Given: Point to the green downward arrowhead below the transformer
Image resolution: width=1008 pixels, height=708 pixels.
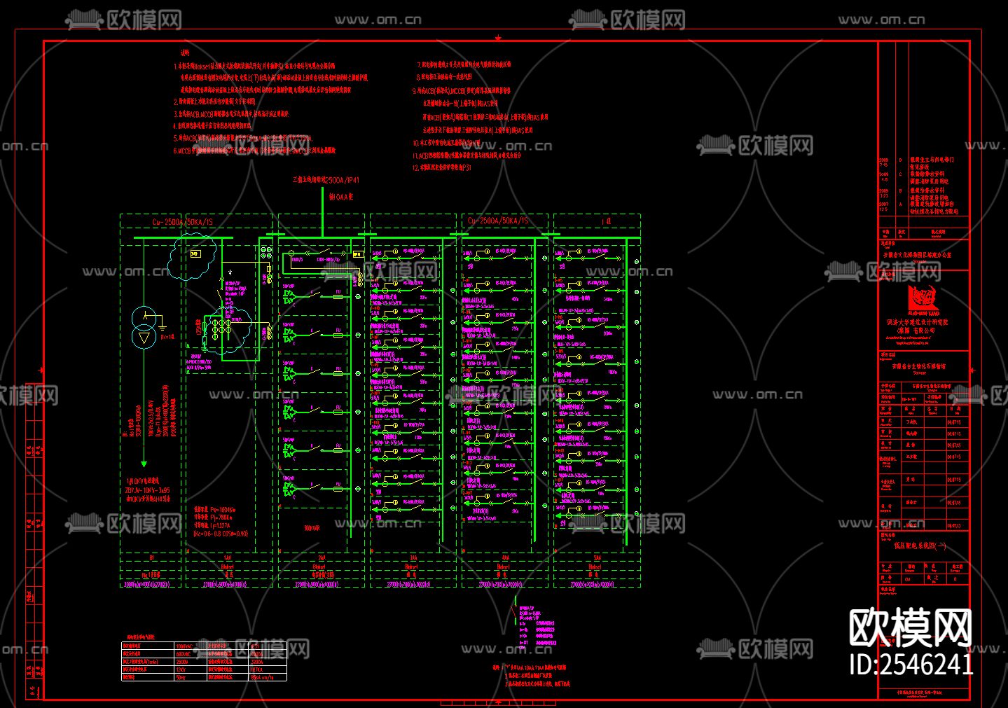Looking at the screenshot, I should tap(144, 463).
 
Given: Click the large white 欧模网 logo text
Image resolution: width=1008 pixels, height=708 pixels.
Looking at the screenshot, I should tap(910, 626).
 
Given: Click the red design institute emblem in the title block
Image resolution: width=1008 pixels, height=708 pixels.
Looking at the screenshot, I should tap(923, 300).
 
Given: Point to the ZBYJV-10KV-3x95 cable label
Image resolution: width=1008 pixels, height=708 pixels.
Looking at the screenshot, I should tap(147, 490).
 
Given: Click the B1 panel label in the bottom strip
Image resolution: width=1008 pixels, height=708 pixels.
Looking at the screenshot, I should tap(151, 558).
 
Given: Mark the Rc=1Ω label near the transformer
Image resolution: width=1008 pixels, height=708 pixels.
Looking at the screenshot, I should tap(167, 337).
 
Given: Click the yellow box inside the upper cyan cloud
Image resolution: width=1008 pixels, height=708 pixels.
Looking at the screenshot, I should tap(195, 254).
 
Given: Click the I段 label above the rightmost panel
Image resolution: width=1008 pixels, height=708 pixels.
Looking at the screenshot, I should tap(607, 221).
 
